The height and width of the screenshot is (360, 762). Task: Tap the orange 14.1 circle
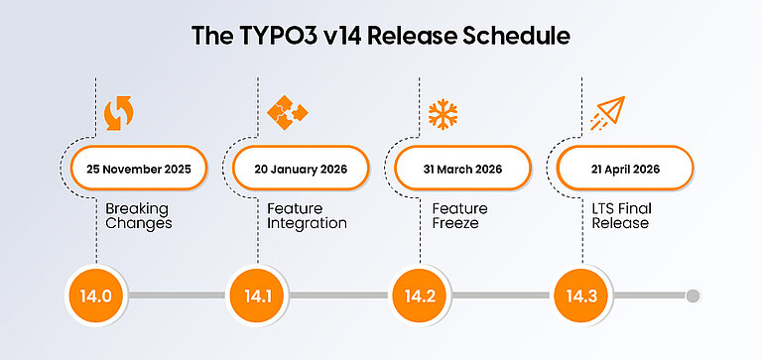[x=252, y=296]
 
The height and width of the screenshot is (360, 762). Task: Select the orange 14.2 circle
[x=414, y=296]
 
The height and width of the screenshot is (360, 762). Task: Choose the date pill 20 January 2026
[x=300, y=169]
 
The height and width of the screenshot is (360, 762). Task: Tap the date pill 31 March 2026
[x=462, y=169]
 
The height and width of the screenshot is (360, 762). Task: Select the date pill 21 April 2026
[x=623, y=169]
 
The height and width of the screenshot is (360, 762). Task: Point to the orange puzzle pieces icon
[x=282, y=112]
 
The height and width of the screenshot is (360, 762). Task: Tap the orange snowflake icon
[x=443, y=113]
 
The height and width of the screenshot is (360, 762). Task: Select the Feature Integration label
[x=307, y=216]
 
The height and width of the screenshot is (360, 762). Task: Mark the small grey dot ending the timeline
[x=693, y=296]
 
